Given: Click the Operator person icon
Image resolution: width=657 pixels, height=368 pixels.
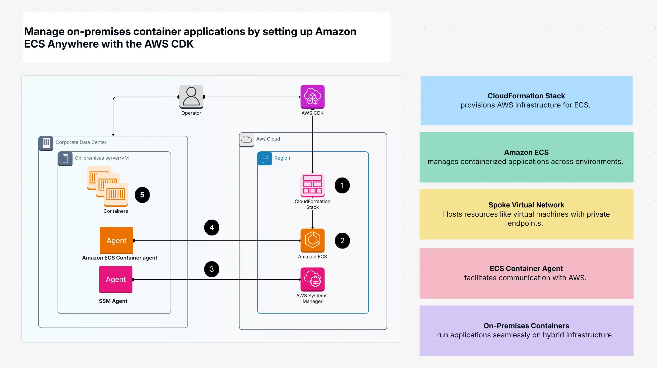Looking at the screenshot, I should click(191, 97).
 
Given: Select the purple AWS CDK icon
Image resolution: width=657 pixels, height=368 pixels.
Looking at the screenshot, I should click(312, 97).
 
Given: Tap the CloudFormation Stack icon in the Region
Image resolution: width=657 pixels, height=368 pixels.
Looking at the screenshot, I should click(312, 185).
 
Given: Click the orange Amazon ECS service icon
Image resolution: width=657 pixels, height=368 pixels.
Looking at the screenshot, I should click(312, 240).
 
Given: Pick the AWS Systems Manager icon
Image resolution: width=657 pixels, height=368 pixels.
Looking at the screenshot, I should click(312, 279).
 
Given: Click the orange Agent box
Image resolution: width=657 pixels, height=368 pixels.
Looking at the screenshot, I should click(116, 240).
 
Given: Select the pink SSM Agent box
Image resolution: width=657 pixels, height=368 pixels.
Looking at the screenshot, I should click(116, 279).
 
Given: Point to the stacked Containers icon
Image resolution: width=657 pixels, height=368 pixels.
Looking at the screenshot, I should click(107, 186).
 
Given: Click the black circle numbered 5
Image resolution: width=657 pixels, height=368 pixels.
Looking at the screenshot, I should click(142, 195).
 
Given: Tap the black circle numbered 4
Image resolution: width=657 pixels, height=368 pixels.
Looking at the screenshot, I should click(211, 227).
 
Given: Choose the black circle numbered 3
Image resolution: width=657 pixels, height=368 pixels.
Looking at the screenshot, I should click(211, 269).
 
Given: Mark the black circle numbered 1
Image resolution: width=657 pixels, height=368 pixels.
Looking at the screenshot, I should click(342, 185).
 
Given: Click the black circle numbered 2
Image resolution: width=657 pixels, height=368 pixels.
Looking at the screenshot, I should click(342, 240).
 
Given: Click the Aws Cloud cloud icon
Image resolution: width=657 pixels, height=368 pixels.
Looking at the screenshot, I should click(246, 139).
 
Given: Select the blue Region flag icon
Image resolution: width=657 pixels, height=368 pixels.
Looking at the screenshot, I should click(264, 158).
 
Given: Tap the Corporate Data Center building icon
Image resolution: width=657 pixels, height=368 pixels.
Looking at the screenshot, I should click(46, 143).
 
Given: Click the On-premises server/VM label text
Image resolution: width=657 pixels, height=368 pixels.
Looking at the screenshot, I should click(101, 158).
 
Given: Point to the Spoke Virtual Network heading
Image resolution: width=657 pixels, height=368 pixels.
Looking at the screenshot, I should click(526, 205).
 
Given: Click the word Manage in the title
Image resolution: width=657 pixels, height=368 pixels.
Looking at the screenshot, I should click(44, 32).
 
